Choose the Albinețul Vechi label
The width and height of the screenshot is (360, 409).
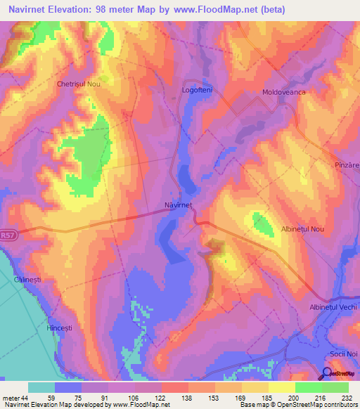[x=334, y=308]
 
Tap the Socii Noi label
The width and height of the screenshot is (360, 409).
[x=344, y=353]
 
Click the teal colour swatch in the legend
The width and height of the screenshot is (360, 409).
[x=41, y=387]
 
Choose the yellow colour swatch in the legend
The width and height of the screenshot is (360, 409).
[x=282, y=387]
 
